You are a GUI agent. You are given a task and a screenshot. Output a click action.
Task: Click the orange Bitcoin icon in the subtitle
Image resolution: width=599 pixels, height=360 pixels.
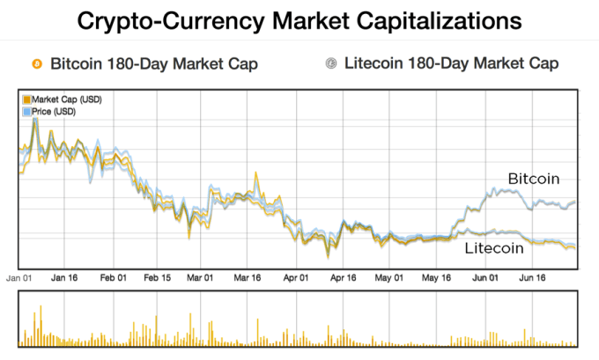point(36,64)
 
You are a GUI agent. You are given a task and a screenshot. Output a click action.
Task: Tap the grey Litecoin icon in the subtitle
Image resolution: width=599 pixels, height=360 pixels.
point(331,64)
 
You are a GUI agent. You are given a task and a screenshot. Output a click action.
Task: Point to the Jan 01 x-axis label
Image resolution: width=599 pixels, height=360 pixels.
point(19,277)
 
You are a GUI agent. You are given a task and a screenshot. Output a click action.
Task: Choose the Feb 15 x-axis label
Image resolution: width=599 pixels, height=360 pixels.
point(158,277)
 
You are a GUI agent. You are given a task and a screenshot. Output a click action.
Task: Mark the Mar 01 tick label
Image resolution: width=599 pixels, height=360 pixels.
point(201,277)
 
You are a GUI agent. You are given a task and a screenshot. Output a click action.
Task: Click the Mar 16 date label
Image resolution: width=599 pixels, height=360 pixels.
point(248,277)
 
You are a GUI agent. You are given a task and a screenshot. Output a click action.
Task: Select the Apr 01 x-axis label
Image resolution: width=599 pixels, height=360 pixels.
point(297,277)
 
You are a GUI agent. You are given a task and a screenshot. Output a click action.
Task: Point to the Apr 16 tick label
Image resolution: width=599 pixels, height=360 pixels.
point(344,277)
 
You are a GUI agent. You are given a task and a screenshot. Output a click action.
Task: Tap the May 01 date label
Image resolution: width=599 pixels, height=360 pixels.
point(389,277)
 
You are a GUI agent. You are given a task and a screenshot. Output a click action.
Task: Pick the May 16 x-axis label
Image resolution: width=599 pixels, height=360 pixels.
point(435,277)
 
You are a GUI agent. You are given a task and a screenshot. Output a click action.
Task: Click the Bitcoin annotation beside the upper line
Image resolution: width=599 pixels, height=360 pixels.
point(534,179)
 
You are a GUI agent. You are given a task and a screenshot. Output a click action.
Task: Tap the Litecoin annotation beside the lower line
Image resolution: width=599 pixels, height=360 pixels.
point(494,249)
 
